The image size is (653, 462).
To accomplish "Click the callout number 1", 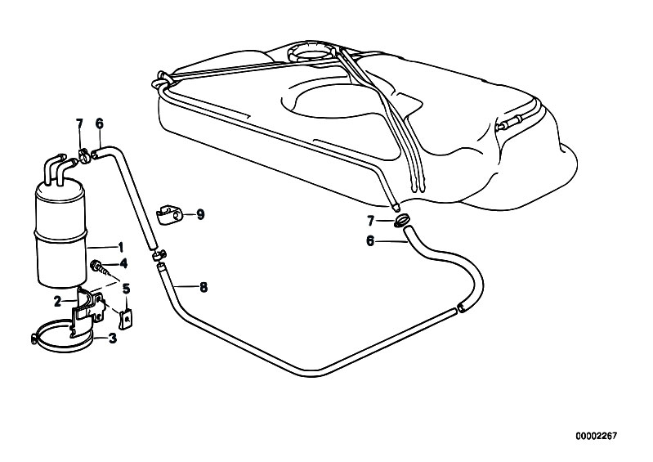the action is (121, 248).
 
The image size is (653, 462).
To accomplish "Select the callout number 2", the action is (58, 301).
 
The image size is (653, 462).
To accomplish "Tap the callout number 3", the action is (113, 339).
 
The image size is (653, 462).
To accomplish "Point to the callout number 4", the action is (123, 263).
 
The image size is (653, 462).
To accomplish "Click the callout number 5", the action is (126, 289).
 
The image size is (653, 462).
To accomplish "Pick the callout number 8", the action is (204, 287).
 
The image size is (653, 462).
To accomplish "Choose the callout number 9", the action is (201, 215).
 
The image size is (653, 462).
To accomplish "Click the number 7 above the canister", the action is (79, 123).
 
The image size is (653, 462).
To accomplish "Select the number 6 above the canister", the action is (99, 123).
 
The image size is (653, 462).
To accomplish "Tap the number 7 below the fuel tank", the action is (371, 221).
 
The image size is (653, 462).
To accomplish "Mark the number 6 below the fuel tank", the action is (370, 240).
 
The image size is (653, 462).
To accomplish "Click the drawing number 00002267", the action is (596, 436).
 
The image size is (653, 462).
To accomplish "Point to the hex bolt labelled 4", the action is (97, 267).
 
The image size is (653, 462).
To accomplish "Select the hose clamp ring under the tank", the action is (402, 221).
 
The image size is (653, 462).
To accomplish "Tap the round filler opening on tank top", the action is (311, 52).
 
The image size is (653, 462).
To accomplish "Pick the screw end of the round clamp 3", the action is (34, 339).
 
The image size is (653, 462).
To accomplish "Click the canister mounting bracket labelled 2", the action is (88, 311).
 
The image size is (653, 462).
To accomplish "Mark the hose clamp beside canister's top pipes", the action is (83, 155).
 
